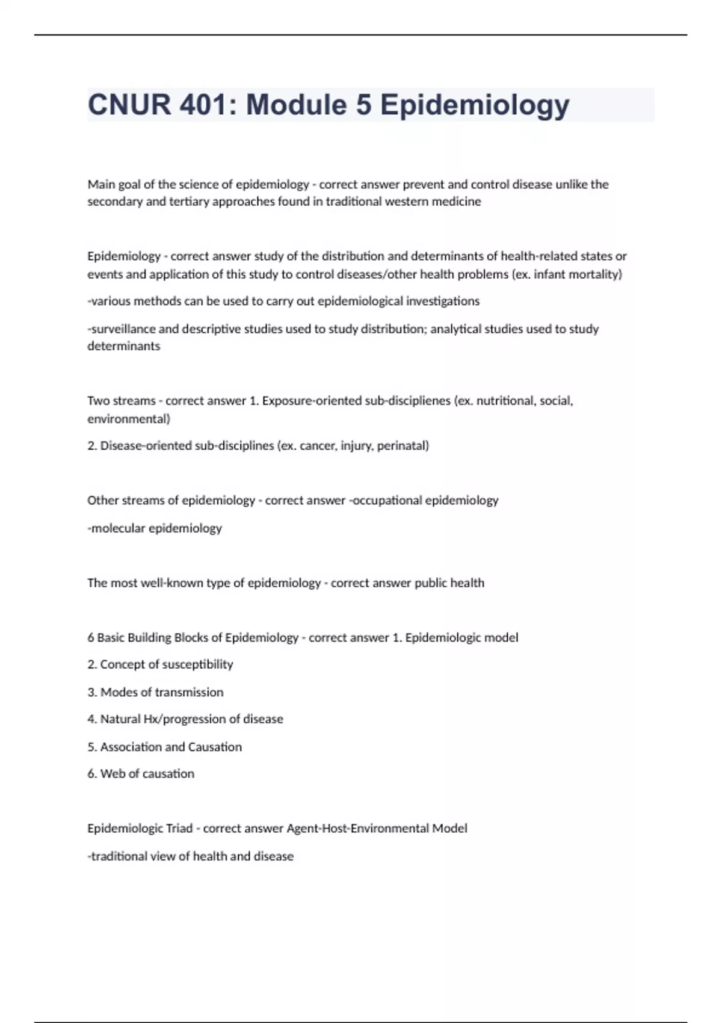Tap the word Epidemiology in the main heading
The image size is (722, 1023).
475,105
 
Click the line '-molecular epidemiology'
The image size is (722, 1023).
155,528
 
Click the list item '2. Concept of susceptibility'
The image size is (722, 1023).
160,664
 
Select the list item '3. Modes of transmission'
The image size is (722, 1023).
155,692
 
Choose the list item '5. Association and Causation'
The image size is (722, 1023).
164,747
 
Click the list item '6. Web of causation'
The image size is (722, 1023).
141,774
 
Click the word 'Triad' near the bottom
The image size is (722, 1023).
179,829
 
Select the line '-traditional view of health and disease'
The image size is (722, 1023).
190,856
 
